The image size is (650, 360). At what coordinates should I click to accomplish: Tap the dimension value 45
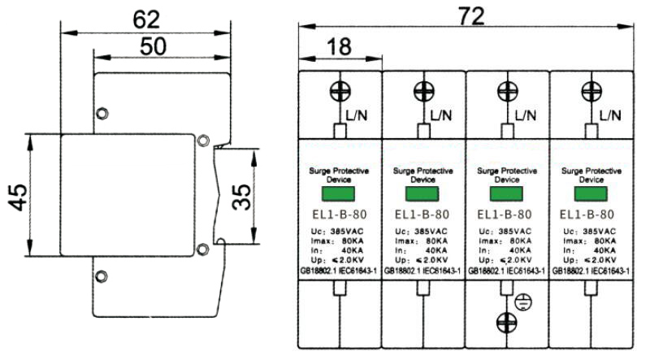tap(19, 195)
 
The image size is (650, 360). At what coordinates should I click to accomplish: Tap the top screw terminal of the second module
tap(423, 90)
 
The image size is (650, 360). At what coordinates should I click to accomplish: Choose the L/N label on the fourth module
tap(609, 116)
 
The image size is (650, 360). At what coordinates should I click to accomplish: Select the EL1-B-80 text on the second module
tap(423, 216)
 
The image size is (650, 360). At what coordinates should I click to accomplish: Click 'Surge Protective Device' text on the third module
tap(508, 175)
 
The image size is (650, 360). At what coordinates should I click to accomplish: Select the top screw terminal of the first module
tap(340, 90)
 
